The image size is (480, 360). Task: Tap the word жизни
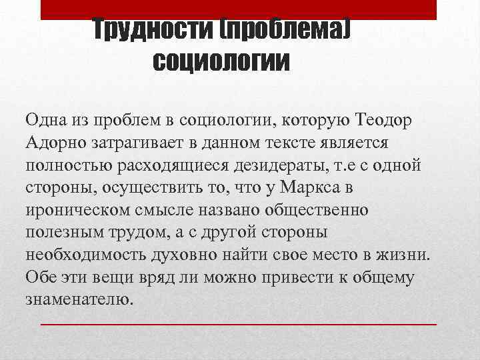tap(407, 255)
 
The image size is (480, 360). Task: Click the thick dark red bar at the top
tap(239, 9)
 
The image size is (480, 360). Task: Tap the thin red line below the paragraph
tap(239, 323)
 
